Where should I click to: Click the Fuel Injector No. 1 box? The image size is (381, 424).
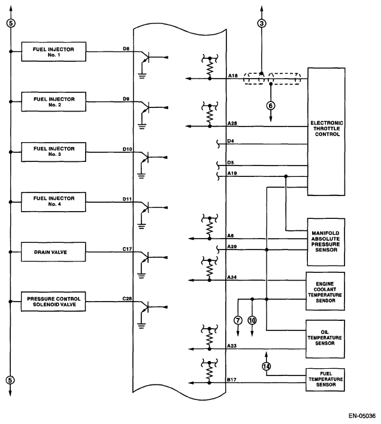54,52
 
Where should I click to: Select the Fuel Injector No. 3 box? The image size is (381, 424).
53,152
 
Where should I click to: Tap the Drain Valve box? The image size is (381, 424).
53,252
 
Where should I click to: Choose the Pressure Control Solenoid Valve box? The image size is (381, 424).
53,302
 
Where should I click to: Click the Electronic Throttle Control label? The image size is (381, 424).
326,129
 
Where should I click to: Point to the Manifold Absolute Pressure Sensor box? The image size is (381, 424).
326,242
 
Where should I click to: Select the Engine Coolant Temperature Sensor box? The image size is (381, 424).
325,291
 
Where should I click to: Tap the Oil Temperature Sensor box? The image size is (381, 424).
325,339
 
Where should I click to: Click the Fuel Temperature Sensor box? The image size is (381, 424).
325,380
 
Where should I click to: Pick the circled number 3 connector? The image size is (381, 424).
261,23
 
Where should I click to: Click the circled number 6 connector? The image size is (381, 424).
271,106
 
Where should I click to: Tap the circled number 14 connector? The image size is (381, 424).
266,366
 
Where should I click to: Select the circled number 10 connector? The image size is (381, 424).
252,320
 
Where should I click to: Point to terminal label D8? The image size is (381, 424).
126,49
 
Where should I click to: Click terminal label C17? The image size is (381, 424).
127,249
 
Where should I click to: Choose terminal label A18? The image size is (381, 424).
233,76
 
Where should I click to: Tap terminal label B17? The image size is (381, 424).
232,380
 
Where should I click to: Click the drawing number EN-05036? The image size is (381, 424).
362,416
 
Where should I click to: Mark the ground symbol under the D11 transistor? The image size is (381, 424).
141,226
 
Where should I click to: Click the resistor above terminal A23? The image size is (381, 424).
209,338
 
